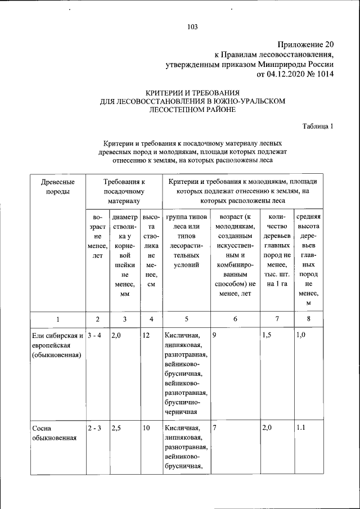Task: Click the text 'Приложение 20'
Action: tap(306, 44)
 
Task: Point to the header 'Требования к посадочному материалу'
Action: tap(124, 191)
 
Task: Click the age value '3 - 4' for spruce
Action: tap(93, 336)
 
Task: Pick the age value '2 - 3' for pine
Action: tap(93, 429)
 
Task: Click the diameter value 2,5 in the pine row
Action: tap(117, 429)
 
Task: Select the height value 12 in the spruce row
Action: tap(146, 336)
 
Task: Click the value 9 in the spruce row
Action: tap(215, 336)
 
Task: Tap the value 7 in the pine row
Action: tap(215, 429)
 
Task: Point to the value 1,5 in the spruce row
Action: tap(268, 336)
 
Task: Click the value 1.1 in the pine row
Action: tap(301, 429)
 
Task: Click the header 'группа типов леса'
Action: tap(186, 222)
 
